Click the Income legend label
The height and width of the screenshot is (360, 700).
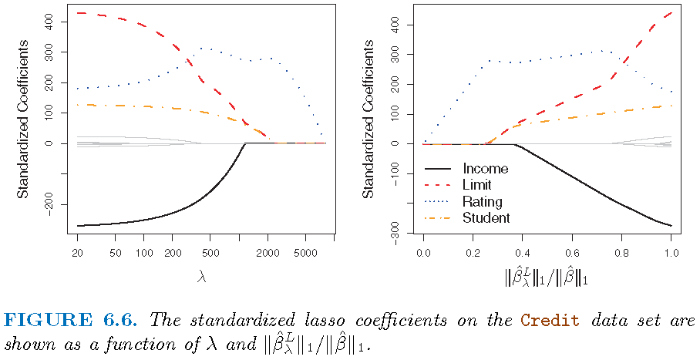click(x=485, y=168)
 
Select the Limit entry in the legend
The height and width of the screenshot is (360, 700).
click(x=477, y=185)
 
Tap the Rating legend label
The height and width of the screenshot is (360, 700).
click(x=482, y=202)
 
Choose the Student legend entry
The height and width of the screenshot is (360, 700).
click(x=486, y=218)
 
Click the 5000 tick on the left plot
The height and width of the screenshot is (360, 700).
click(x=306, y=253)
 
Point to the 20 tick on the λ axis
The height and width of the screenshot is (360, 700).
click(x=77, y=253)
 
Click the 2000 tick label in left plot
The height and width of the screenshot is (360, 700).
click(x=267, y=253)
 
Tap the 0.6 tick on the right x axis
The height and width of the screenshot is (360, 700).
click(x=571, y=253)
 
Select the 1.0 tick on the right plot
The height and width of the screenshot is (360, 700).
click(x=671, y=253)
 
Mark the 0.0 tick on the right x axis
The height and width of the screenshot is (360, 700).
click(x=422, y=253)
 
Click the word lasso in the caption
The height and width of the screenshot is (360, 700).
click(x=327, y=320)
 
